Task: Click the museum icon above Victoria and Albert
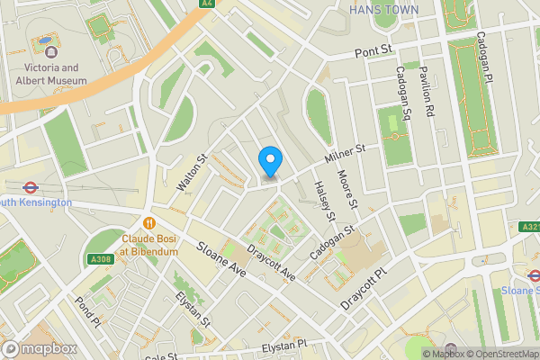click(x=43, y=42)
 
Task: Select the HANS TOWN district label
click(x=382, y=10)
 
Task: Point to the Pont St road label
click(x=374, y=54)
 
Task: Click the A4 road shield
click(x=208, y=4)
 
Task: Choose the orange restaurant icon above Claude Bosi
click(x=148, y=221)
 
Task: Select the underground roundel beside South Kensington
click(x=31, y=188)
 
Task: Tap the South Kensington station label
click(x=36, y=202)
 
